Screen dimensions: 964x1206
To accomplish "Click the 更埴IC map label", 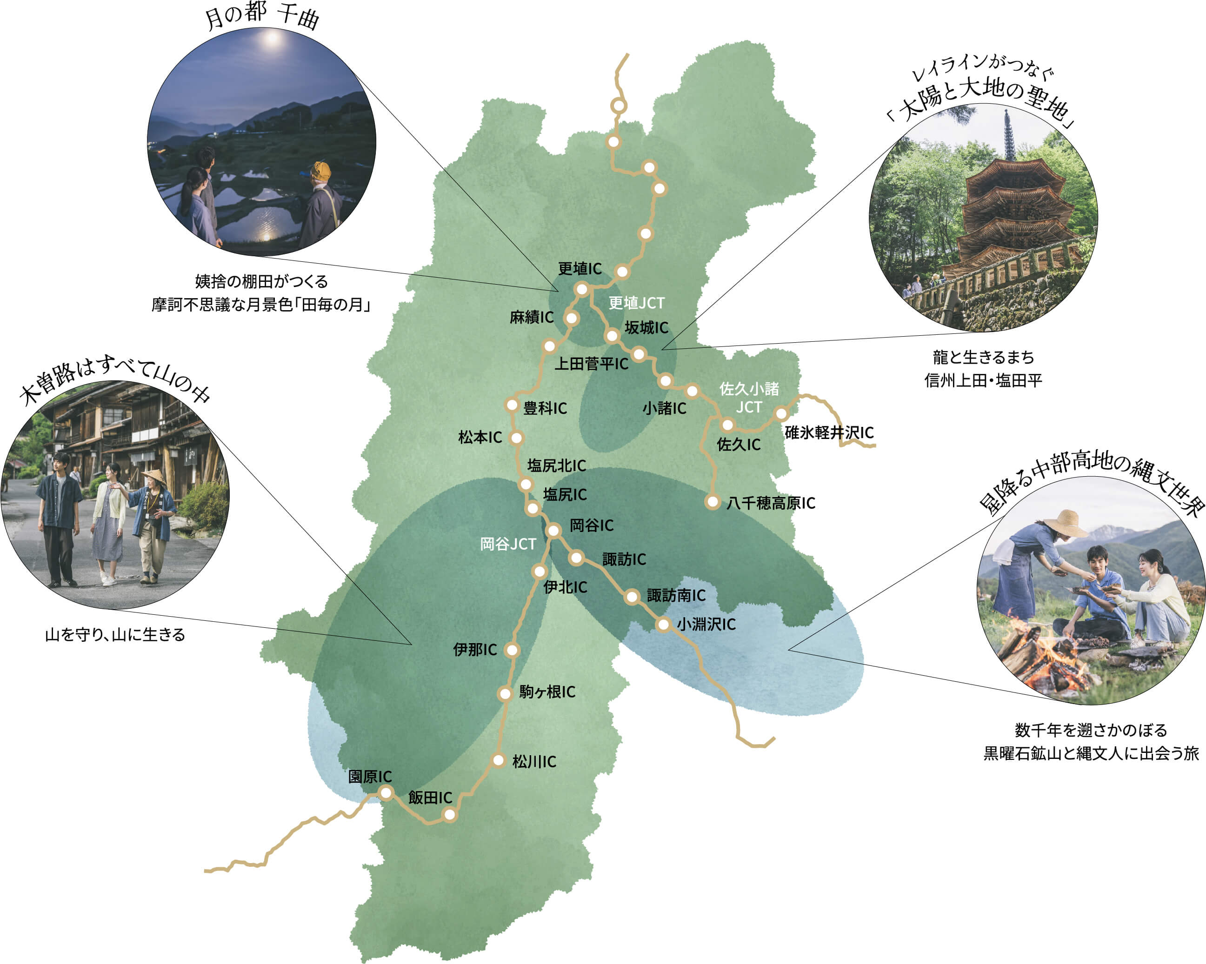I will point(580,269).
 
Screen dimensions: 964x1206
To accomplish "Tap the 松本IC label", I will point(480,437).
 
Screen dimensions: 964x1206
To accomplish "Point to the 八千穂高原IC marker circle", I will point(712,502).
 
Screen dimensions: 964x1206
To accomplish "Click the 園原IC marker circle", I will point(386,793).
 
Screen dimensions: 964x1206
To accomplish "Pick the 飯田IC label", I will point(430,798).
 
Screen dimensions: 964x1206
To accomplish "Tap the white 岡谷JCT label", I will point(508,544).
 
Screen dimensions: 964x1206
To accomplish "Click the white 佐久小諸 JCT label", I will point(748,398).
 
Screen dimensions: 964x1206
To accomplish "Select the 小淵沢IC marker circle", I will point(663,625).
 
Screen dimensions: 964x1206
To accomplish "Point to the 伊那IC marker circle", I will point(512,650).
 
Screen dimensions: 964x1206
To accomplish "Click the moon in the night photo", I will point(272,39).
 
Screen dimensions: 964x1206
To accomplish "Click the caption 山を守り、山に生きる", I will point(115,635).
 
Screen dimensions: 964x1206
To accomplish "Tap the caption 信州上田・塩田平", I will point(983,381).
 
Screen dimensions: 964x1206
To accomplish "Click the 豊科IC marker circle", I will point(512,406).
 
